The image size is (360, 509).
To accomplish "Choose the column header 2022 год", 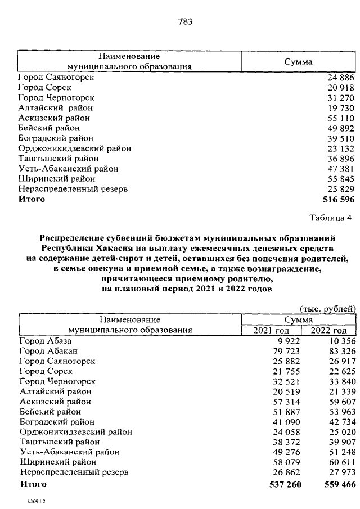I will pos(329,330).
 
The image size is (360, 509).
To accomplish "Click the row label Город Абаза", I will pos(46,340).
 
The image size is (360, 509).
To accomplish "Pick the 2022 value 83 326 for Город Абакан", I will pos(340,350).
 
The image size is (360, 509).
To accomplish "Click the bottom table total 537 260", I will pos(280,484).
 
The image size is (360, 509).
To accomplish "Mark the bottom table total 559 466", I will pos(336,484).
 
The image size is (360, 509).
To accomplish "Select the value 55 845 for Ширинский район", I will pos(341,179).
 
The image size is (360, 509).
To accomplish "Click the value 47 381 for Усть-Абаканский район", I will pos(341,169).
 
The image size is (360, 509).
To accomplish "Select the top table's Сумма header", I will pos(298,62).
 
